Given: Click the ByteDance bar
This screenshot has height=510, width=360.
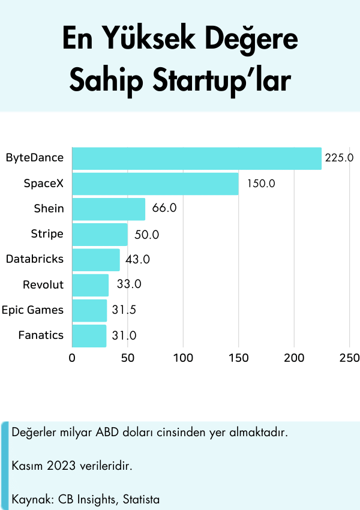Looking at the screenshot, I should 197,158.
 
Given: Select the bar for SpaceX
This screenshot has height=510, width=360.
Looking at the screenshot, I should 155,184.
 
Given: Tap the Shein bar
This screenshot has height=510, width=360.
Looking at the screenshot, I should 109,209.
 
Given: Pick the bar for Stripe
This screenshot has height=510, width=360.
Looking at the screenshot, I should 100,234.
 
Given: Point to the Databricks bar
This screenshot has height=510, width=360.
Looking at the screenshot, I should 96,260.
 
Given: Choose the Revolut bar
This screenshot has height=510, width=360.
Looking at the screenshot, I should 91,285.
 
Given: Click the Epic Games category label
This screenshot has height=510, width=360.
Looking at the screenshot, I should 32,310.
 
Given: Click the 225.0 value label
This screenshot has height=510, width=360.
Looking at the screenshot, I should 339,158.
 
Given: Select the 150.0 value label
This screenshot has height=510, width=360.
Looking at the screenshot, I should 260,184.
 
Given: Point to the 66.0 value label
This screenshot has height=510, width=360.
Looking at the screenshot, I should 164,209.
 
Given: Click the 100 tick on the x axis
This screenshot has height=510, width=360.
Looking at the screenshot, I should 183,359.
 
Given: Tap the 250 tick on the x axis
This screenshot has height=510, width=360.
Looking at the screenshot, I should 350,359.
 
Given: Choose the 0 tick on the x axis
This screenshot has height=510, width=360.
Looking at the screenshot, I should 72,359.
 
